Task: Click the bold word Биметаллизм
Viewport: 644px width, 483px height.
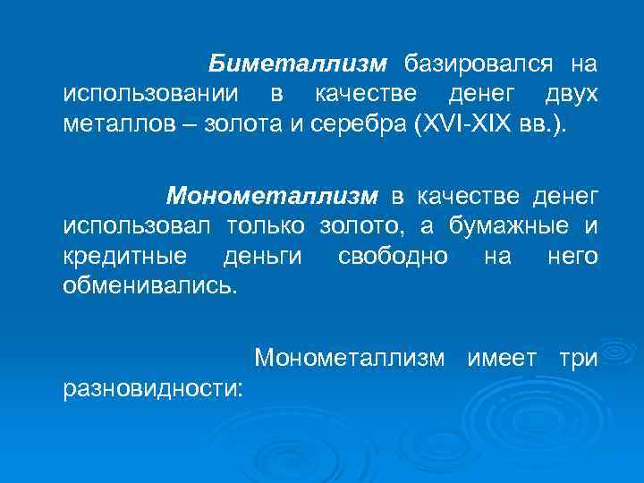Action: click(298, 64)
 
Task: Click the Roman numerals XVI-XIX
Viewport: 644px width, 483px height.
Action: click(462, 123)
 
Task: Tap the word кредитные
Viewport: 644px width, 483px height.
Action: click(125, 257)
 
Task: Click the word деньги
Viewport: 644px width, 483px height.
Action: click(263, 257)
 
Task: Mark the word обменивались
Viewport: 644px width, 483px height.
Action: click(151, 287)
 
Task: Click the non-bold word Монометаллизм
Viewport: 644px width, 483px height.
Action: click(349, 359)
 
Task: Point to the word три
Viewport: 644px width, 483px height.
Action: click(577, 359)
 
